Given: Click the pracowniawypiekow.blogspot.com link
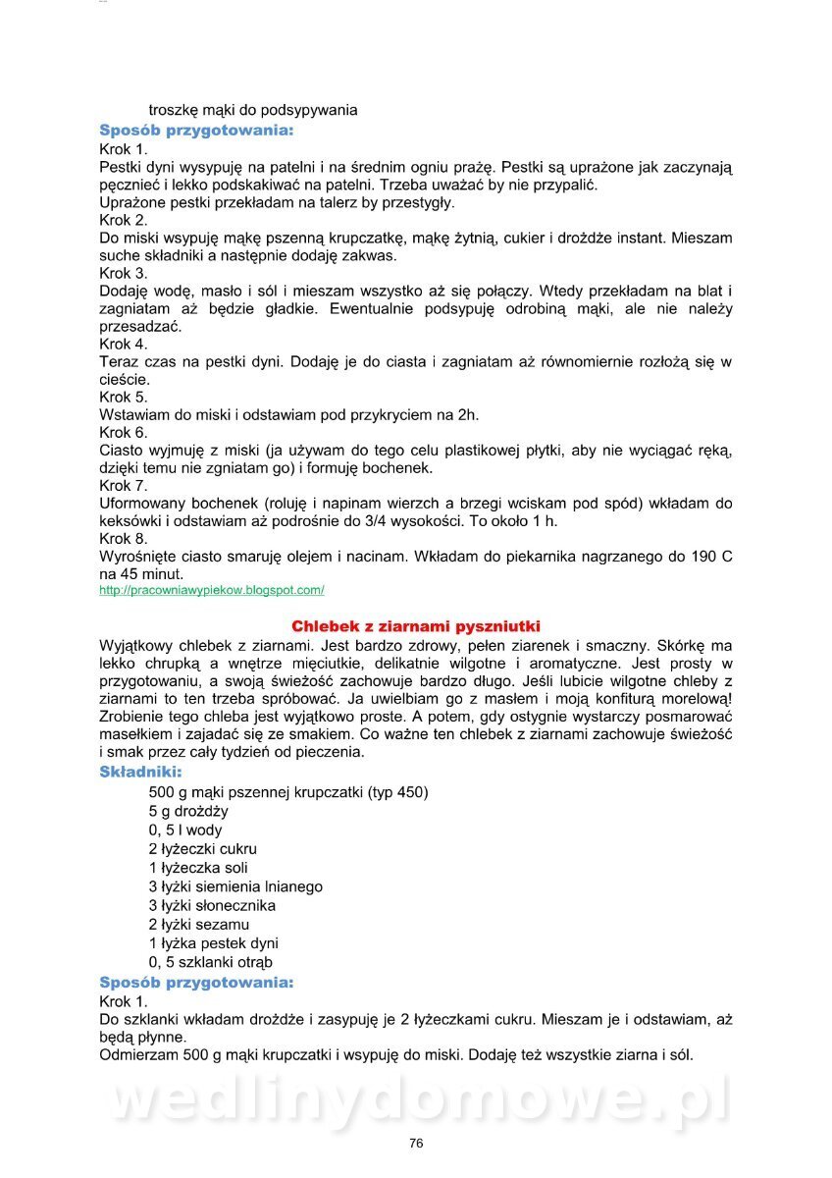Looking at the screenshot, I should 212,590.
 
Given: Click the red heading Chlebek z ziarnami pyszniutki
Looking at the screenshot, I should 416,626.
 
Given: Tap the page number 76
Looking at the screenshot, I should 416,1143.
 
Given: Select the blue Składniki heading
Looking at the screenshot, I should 140,772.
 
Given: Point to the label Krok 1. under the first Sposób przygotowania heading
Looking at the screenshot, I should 124,149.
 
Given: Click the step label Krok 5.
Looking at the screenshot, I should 124,397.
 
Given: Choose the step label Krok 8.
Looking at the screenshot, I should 124,538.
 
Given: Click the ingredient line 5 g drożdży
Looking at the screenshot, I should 188,811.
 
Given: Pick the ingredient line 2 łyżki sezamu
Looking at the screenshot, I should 199,924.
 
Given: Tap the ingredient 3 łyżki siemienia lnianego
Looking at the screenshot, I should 235,886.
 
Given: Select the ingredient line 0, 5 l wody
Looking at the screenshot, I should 185,830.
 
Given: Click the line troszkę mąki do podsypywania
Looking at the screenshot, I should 253,110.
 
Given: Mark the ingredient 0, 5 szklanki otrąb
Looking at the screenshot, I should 211,962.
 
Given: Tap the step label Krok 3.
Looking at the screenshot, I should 124,273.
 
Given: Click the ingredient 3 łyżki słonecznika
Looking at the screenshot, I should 212,905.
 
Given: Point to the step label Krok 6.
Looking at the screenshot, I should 124,432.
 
